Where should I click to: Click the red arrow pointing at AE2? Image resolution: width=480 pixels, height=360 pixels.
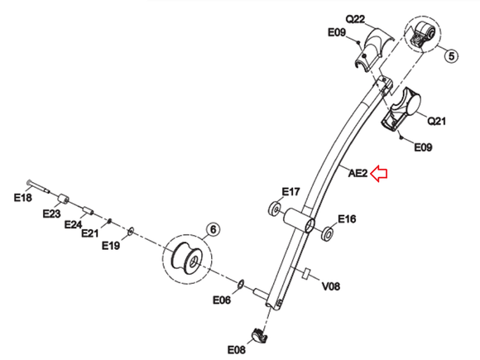point(381,173)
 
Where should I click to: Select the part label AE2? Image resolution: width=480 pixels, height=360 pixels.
point(357,173)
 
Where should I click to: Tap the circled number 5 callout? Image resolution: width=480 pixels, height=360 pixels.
point(451,57)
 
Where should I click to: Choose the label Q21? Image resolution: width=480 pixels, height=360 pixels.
point(436,121)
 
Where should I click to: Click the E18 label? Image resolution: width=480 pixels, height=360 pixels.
point(22,198)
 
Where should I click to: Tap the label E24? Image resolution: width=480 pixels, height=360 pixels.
point(73,224)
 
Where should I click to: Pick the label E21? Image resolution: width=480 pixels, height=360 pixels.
point(89,234)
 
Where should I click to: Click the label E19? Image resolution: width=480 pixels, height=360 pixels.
point(111,245)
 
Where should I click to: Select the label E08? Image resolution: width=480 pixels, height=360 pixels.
point(238,349)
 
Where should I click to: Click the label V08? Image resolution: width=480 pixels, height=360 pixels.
point(331,286)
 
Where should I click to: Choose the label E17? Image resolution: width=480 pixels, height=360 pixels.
point(290,192)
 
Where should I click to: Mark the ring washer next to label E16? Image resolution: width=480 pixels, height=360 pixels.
point(328,234)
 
